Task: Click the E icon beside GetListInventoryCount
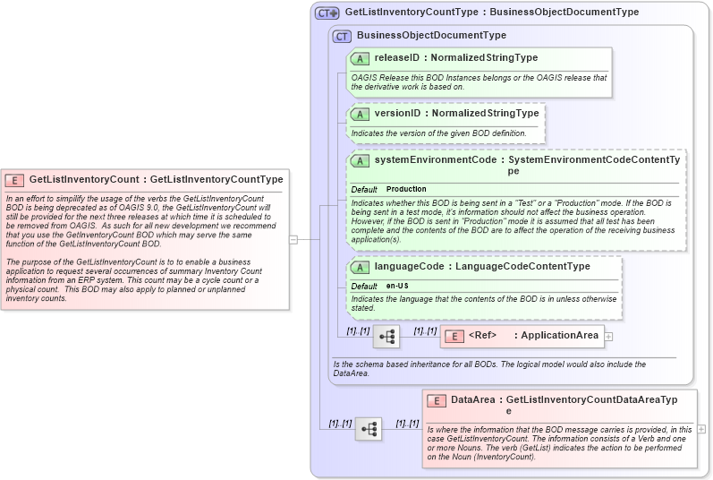click(15, 179)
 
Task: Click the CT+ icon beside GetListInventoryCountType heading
click(327, 13)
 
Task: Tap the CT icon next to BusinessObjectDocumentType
click(342, 36)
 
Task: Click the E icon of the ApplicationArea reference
click(454, 336)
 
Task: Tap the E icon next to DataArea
click(437, 401)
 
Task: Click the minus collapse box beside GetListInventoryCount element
click(293, 239)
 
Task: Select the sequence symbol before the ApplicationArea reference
click(386, 337)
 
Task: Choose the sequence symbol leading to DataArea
click(369, 429)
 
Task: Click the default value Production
click(406, 190)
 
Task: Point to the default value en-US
click(398, 286)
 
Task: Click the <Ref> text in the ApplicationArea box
click(482, 336)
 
